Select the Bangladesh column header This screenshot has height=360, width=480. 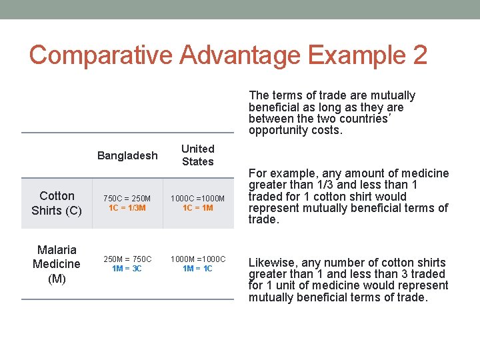(127, 155)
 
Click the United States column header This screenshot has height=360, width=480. (198, 155)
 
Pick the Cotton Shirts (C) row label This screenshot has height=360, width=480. (57, 203)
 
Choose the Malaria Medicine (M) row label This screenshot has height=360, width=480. (57, 264)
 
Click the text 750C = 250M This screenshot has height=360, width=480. (127, 199)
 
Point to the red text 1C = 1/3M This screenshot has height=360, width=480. (127, 208)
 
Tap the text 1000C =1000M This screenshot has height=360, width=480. (198, 199)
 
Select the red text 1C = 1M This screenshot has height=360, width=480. (198, 208)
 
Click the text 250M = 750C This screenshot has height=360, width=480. (127, 259)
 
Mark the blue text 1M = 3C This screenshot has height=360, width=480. (127, 268)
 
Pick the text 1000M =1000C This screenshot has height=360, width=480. (198, 259)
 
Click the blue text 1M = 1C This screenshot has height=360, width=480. (198, 268)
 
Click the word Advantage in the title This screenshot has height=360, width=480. (221, 55)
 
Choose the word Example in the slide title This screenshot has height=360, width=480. (348, 55)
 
